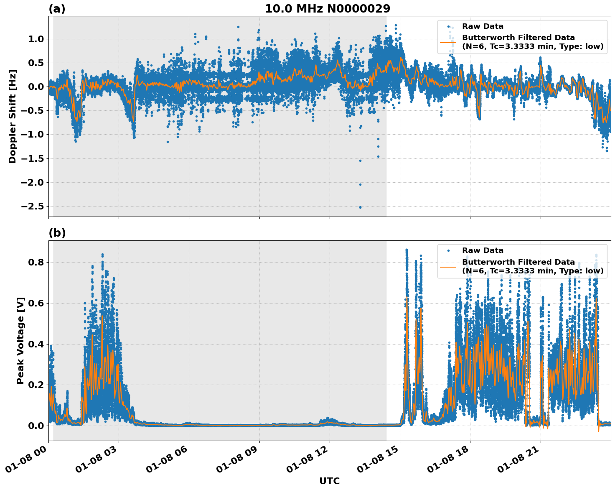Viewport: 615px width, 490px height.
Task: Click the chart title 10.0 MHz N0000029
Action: (x=328, y=9)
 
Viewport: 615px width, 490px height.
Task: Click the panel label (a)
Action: (x=57, y=9)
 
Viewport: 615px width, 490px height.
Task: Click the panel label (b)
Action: (x=57, y=233)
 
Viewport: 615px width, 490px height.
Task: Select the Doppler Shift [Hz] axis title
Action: (x=13, y=116)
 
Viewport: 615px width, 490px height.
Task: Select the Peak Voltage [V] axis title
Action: (x=20, y=340)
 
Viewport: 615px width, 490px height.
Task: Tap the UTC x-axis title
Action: (x=329, y=481)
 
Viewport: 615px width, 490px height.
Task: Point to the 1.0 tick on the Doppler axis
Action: (x=36, y=39)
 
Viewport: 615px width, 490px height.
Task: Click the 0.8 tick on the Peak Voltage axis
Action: (x=36, y=263)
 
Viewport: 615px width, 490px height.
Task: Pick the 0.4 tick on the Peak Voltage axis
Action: (x=36, y=345)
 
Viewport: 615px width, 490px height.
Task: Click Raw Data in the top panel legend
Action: (x=483, y=27)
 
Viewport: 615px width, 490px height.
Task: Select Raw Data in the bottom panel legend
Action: (x=483, y=250)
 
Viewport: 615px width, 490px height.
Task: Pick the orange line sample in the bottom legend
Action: (x=448, y=266)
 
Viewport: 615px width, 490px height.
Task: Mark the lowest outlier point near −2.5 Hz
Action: (x=360, y=207)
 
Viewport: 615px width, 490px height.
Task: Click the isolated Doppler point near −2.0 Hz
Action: (x=360, y=184)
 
